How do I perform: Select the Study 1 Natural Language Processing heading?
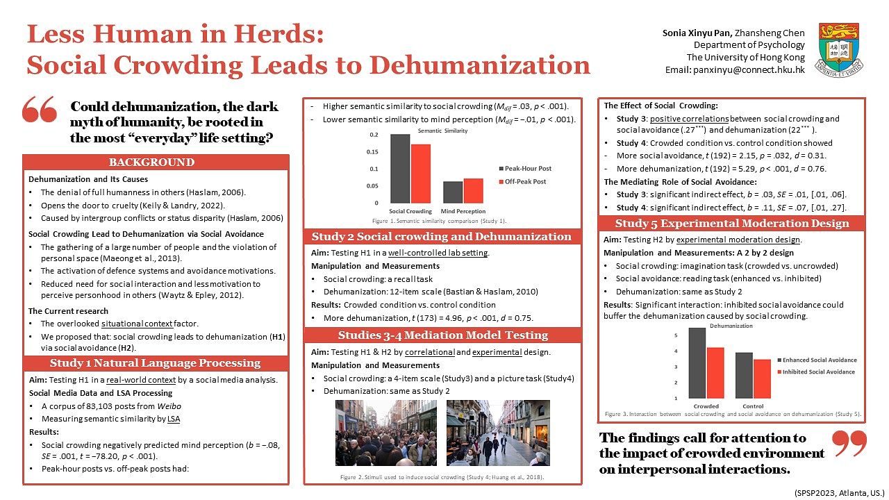[x=156, y=363]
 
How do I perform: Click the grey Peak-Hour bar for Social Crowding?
[x=400, y=169]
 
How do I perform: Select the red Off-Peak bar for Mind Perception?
[x=473, y=190]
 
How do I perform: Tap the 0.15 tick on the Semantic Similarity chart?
[x=374, y=151]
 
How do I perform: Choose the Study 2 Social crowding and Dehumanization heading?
[x=442, y=237]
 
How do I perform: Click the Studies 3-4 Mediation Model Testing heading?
[x=442, y=335]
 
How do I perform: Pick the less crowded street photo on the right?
[x=498, y=433]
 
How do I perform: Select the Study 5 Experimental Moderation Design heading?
[x=732, y=223]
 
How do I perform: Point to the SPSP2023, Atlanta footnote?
[x=838, y=492]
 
